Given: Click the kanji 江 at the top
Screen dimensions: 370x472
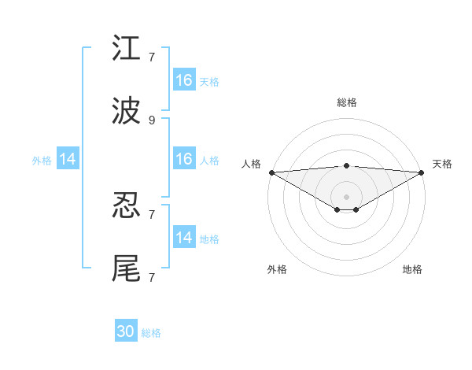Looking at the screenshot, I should tap(127, 48).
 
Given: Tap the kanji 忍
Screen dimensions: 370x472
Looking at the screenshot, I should tap(127, 206).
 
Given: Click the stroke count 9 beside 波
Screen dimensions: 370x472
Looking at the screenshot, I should tap(152, 120).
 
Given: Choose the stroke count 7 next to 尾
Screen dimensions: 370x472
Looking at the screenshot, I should tap(152, 277).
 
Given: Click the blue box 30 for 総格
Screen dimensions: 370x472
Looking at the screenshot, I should tap(126, 332).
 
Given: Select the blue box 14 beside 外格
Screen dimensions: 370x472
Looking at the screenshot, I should tap(68, 160).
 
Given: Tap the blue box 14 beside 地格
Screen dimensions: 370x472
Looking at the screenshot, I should tap(184, 238).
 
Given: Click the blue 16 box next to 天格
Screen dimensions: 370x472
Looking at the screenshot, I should tap(184, 80).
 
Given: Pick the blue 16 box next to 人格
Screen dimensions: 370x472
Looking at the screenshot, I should tap(184, 160).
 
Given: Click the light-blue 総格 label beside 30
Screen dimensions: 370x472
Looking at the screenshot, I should tap(152, 333).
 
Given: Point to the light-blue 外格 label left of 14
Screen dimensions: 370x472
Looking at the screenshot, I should tap(42, 161).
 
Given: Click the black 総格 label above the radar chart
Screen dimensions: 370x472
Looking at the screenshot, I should tap(347, 102).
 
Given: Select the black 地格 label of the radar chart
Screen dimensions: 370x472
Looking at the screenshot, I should tap(412, 269).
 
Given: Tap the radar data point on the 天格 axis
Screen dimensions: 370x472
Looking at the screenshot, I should tap(422, 172).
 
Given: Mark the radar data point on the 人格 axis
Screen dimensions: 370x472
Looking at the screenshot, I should tap(271, 172).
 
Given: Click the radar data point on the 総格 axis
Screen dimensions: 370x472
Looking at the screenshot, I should tap(347, 165).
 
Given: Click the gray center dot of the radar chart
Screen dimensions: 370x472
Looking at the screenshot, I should tap(347, 196).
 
